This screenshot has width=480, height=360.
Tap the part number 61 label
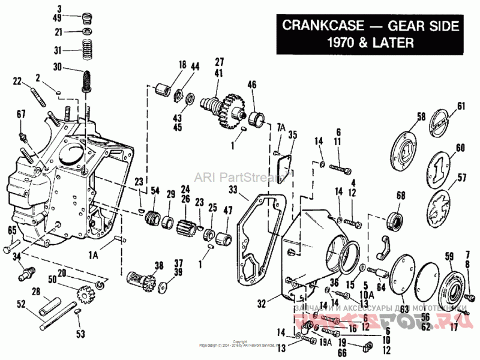(x=461, y=106)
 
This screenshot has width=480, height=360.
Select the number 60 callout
(x=460, y=148)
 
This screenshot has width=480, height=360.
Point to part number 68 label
(x=401, y=195)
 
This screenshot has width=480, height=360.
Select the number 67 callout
(x=21, y=114)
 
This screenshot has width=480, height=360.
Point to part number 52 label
(x=22, y=304)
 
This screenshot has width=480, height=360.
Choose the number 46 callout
(x=251, y=85)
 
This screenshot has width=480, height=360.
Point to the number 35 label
(x=292, y=134)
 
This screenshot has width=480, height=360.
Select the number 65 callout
(x=12, y=230)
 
